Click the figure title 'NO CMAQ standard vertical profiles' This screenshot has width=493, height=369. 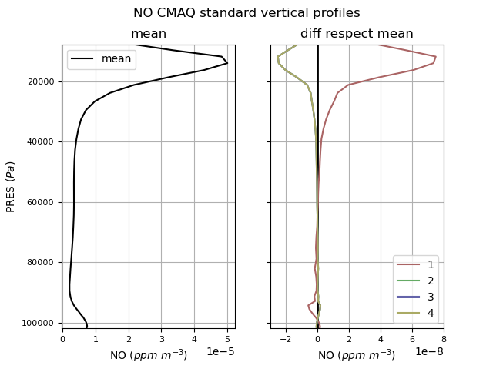tap(246, 13)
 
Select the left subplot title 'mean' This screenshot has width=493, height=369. tap(149, 34)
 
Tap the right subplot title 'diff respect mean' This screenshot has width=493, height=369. tap(357, 34)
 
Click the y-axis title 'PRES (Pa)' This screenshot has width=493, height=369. tap(11, 186)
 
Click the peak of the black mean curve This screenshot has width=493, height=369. tap(227, 63)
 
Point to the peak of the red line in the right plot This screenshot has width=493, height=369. tap(436, 57)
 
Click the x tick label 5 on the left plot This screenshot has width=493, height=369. tap(227, 337)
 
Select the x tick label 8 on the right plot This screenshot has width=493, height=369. tap(444, 337)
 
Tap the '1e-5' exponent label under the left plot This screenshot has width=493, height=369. tap(220, 351)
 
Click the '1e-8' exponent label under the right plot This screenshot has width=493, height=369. tap(429, 351)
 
